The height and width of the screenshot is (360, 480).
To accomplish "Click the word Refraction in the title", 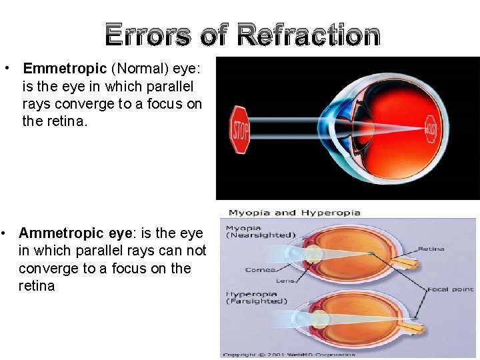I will (308, 35).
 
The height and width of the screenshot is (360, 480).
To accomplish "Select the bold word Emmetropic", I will (65, 69).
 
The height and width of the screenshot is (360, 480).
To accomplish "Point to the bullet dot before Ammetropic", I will (5, 233).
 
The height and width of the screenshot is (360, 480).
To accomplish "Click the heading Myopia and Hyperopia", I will (294, 213).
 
